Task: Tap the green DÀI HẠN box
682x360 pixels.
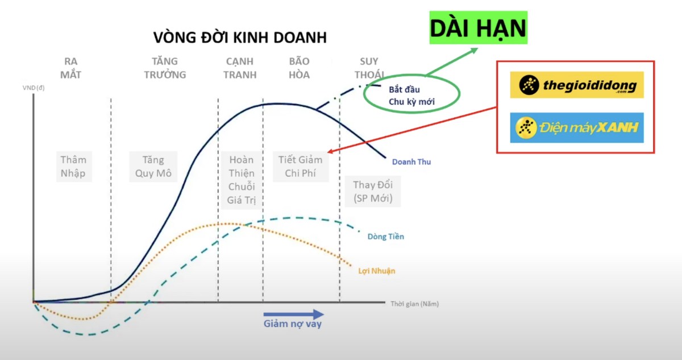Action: coord(478,27)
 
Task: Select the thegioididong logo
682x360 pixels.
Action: coord(576,85)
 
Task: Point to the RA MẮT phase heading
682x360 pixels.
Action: coord(71,68)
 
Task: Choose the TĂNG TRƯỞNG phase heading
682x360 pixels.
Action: coord(165,68)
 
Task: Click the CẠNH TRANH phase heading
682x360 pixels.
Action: coord(240,68)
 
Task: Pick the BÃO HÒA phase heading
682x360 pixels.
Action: coord(299,68)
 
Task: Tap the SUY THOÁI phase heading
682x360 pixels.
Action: coord(369,68)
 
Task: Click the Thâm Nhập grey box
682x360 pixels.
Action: coord(73,166)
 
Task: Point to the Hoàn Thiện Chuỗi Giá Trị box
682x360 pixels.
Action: coord(241,180)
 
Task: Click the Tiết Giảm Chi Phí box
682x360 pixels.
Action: coord(300,166)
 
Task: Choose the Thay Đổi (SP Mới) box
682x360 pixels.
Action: coord(373,192)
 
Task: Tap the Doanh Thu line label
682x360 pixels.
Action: coord(411,162)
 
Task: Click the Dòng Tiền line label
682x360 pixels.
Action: coord(385,236)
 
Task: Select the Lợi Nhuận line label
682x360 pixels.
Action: coord(376,271)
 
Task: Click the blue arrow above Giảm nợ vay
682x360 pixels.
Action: coord(293,314)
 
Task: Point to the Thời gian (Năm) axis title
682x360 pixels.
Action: coord(414,304)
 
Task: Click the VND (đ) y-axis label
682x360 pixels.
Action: coord(35,88)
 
